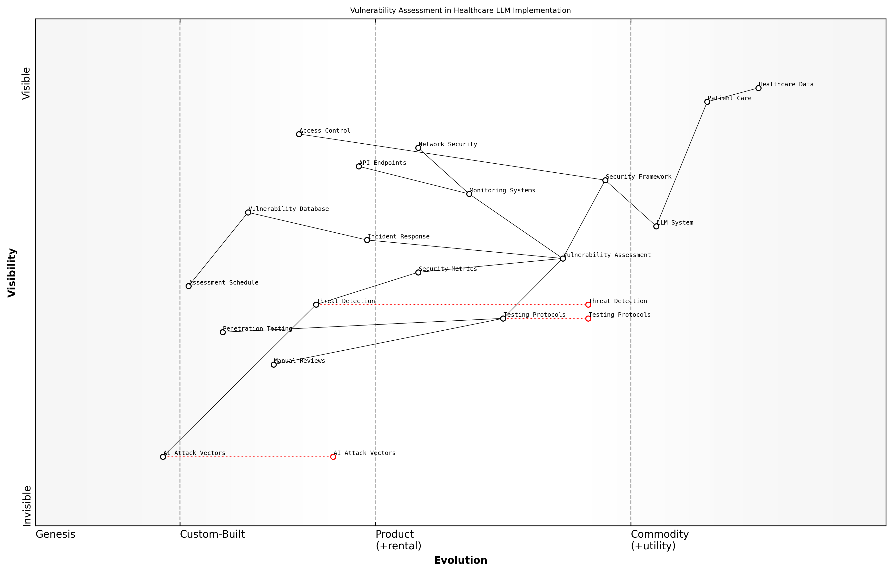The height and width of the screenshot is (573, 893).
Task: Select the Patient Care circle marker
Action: pyautogui.click(x=707, y=102)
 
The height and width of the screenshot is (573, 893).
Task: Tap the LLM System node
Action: pyautogui.click(x=656, y=226)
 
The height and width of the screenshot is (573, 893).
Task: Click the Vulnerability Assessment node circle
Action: pyautogui.click(x=563, y=259)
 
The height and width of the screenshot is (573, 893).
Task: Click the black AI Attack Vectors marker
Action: pyautogui.click(x=163, y=457)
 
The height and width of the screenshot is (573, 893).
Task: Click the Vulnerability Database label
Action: pyautogui.click(x=288, y=209)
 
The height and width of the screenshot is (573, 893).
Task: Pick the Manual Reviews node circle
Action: pyautogui.click(x=273, y=365)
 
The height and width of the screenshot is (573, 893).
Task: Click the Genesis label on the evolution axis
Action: pyautogui.click(x=55, y=534)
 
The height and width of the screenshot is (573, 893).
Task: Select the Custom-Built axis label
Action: pyautogui.click(x=212, y=534)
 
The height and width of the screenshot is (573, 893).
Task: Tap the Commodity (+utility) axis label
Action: pyautogui.click(x=659, y=540)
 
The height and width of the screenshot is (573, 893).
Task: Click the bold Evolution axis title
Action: pyautogui.click(x=460, y=560)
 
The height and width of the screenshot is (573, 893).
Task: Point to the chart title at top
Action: pyautogui.click(x=460, y=10)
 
